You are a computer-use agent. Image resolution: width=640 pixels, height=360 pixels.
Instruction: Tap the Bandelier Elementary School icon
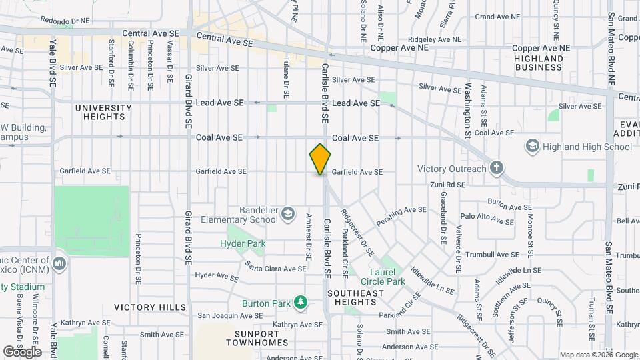pos(287,213)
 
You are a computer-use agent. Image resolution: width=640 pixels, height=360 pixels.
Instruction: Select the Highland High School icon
pos(532,146)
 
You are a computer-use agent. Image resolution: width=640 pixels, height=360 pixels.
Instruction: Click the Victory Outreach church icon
pos(496,168)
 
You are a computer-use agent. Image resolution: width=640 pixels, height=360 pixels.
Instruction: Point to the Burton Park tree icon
pos(301,303)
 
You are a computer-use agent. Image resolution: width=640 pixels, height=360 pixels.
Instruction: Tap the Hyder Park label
pos(243,244)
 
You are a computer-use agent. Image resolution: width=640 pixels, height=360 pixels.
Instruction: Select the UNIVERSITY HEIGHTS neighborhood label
pos(103,112)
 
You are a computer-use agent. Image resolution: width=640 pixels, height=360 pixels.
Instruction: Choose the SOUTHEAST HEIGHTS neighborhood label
pos(355,298)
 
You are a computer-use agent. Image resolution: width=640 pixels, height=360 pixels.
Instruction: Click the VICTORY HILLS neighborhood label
pos(150,307)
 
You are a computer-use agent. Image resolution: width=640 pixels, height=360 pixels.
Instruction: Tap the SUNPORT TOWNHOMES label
pos(257,337)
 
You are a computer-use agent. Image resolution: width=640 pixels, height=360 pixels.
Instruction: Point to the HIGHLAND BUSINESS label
pos(539,63)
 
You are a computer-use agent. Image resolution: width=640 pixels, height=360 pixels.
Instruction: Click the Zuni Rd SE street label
pos(447,185)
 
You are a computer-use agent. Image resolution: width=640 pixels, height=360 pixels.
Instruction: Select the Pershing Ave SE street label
pos(401,215)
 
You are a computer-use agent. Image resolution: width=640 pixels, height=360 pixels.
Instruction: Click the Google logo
pos(22,351)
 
